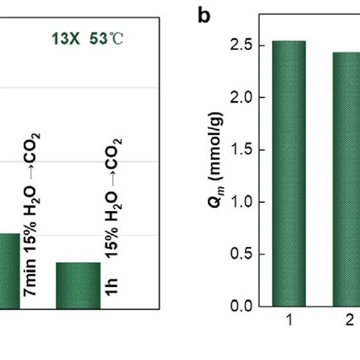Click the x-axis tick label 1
tap(289, 321)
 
